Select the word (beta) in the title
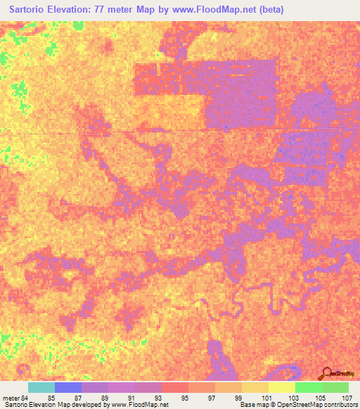coord(269,9)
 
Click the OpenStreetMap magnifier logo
coord(327,373)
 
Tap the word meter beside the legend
coord(11,398)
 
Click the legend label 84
coord(26,398)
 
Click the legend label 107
coord(347,398)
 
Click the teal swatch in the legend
coord(41,387)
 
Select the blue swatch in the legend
coord(67,387)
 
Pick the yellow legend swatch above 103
coord(281,387)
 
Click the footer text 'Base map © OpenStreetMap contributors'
coord(297,405)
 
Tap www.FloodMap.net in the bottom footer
coord(141,405)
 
